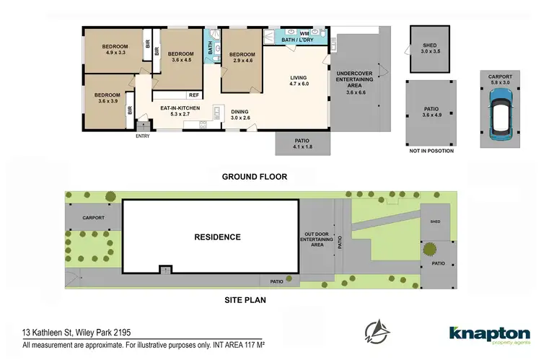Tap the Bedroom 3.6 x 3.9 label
[x=107, y=98]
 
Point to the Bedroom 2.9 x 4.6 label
[x=242, y=58]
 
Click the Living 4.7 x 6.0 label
[x=299, y=80]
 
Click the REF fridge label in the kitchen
[x=193, y=95]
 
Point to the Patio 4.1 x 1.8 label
[x=302, y=144]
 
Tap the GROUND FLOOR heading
[x=254, y=176]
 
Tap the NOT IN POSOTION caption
[x=431, y=151]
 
